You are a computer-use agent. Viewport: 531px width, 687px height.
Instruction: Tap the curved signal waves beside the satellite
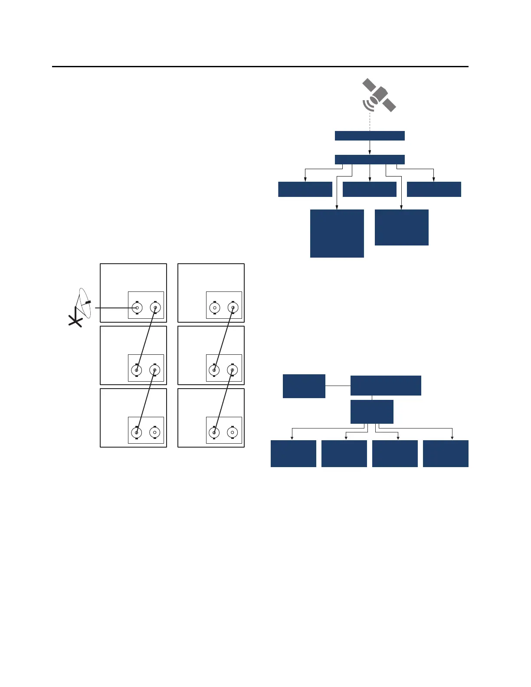[367, 105]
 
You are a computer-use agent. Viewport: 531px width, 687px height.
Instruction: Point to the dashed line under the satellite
[370, 121]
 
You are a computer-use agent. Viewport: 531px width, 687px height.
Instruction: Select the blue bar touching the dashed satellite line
[370, 136]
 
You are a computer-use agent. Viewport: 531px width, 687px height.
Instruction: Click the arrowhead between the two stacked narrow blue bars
[370, 152]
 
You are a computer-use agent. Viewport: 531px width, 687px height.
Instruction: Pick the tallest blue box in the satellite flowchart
[337, 233]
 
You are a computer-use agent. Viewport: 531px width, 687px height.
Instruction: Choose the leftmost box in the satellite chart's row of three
[305, 190]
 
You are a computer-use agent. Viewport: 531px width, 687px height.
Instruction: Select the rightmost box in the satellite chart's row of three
[434, 190]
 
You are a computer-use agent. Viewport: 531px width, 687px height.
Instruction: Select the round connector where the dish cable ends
[137, 308]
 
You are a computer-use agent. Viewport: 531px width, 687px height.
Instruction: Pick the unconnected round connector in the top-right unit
[214, 308]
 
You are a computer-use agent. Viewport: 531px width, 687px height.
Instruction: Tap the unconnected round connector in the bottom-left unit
[155, 432]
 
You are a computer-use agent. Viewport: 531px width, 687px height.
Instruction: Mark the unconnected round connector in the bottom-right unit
[233, 432]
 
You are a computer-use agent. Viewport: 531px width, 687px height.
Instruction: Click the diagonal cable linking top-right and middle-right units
[224, 339]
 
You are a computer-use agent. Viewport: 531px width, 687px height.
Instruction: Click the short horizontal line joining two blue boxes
[338, 386]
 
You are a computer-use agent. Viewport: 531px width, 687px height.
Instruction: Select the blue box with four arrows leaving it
[372, 412]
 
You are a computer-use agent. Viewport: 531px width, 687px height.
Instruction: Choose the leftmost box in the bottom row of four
[293, 454]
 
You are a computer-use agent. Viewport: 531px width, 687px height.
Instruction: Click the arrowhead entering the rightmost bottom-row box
[452, 438]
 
